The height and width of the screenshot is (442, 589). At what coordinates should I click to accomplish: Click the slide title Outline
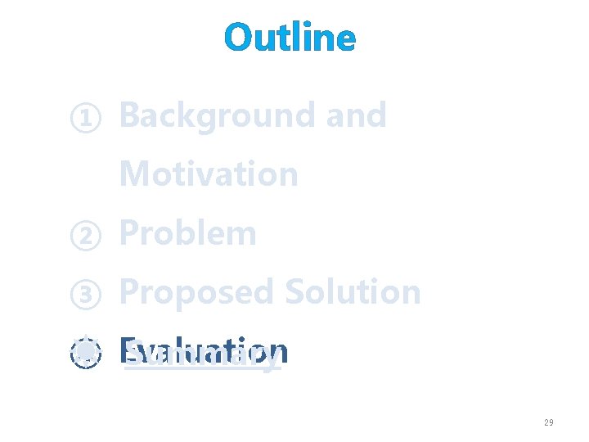point(290,38)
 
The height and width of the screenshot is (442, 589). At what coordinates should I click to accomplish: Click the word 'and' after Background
point(356,115)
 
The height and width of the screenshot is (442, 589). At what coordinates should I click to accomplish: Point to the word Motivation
point(209,174)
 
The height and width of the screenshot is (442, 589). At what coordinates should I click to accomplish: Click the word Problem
point(188,234)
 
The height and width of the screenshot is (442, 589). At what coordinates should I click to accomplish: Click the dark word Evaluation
point(204,351)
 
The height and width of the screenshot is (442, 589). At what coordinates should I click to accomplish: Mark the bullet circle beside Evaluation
point(85,354)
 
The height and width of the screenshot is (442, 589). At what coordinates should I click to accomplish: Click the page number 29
point(548,422)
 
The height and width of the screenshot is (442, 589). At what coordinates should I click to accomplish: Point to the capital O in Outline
point(239,38)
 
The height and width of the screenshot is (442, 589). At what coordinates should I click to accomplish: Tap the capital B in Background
point(130,115)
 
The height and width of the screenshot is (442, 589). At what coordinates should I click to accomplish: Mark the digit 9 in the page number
point(551,422)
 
